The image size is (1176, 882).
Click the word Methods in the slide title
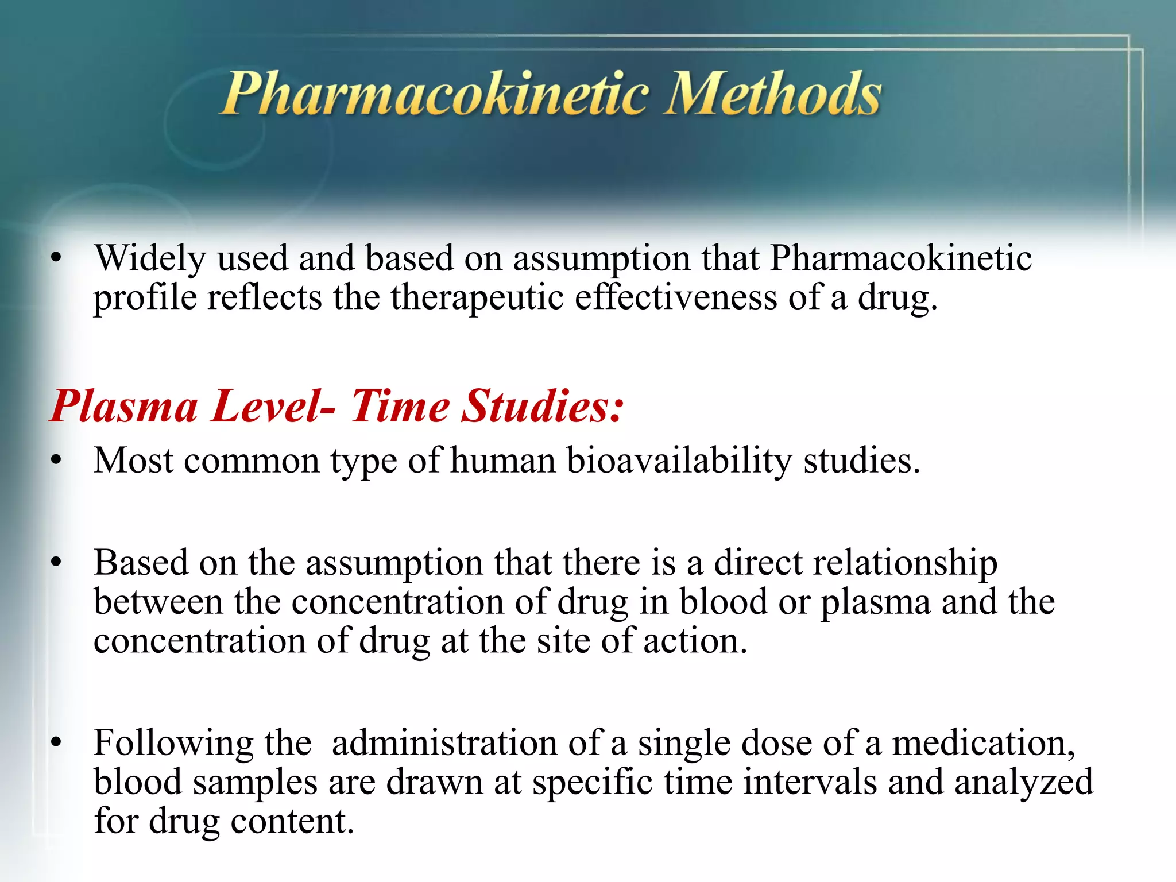[772, 94]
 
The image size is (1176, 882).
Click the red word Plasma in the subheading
[124, 406]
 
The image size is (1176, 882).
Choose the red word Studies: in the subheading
[543, 406]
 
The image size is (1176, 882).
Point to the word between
[158, 602]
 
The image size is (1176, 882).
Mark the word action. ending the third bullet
[695, 641]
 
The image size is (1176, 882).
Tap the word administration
[445, 742]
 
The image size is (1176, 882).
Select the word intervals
[810, 782]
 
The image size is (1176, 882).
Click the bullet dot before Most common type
[56, 461]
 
